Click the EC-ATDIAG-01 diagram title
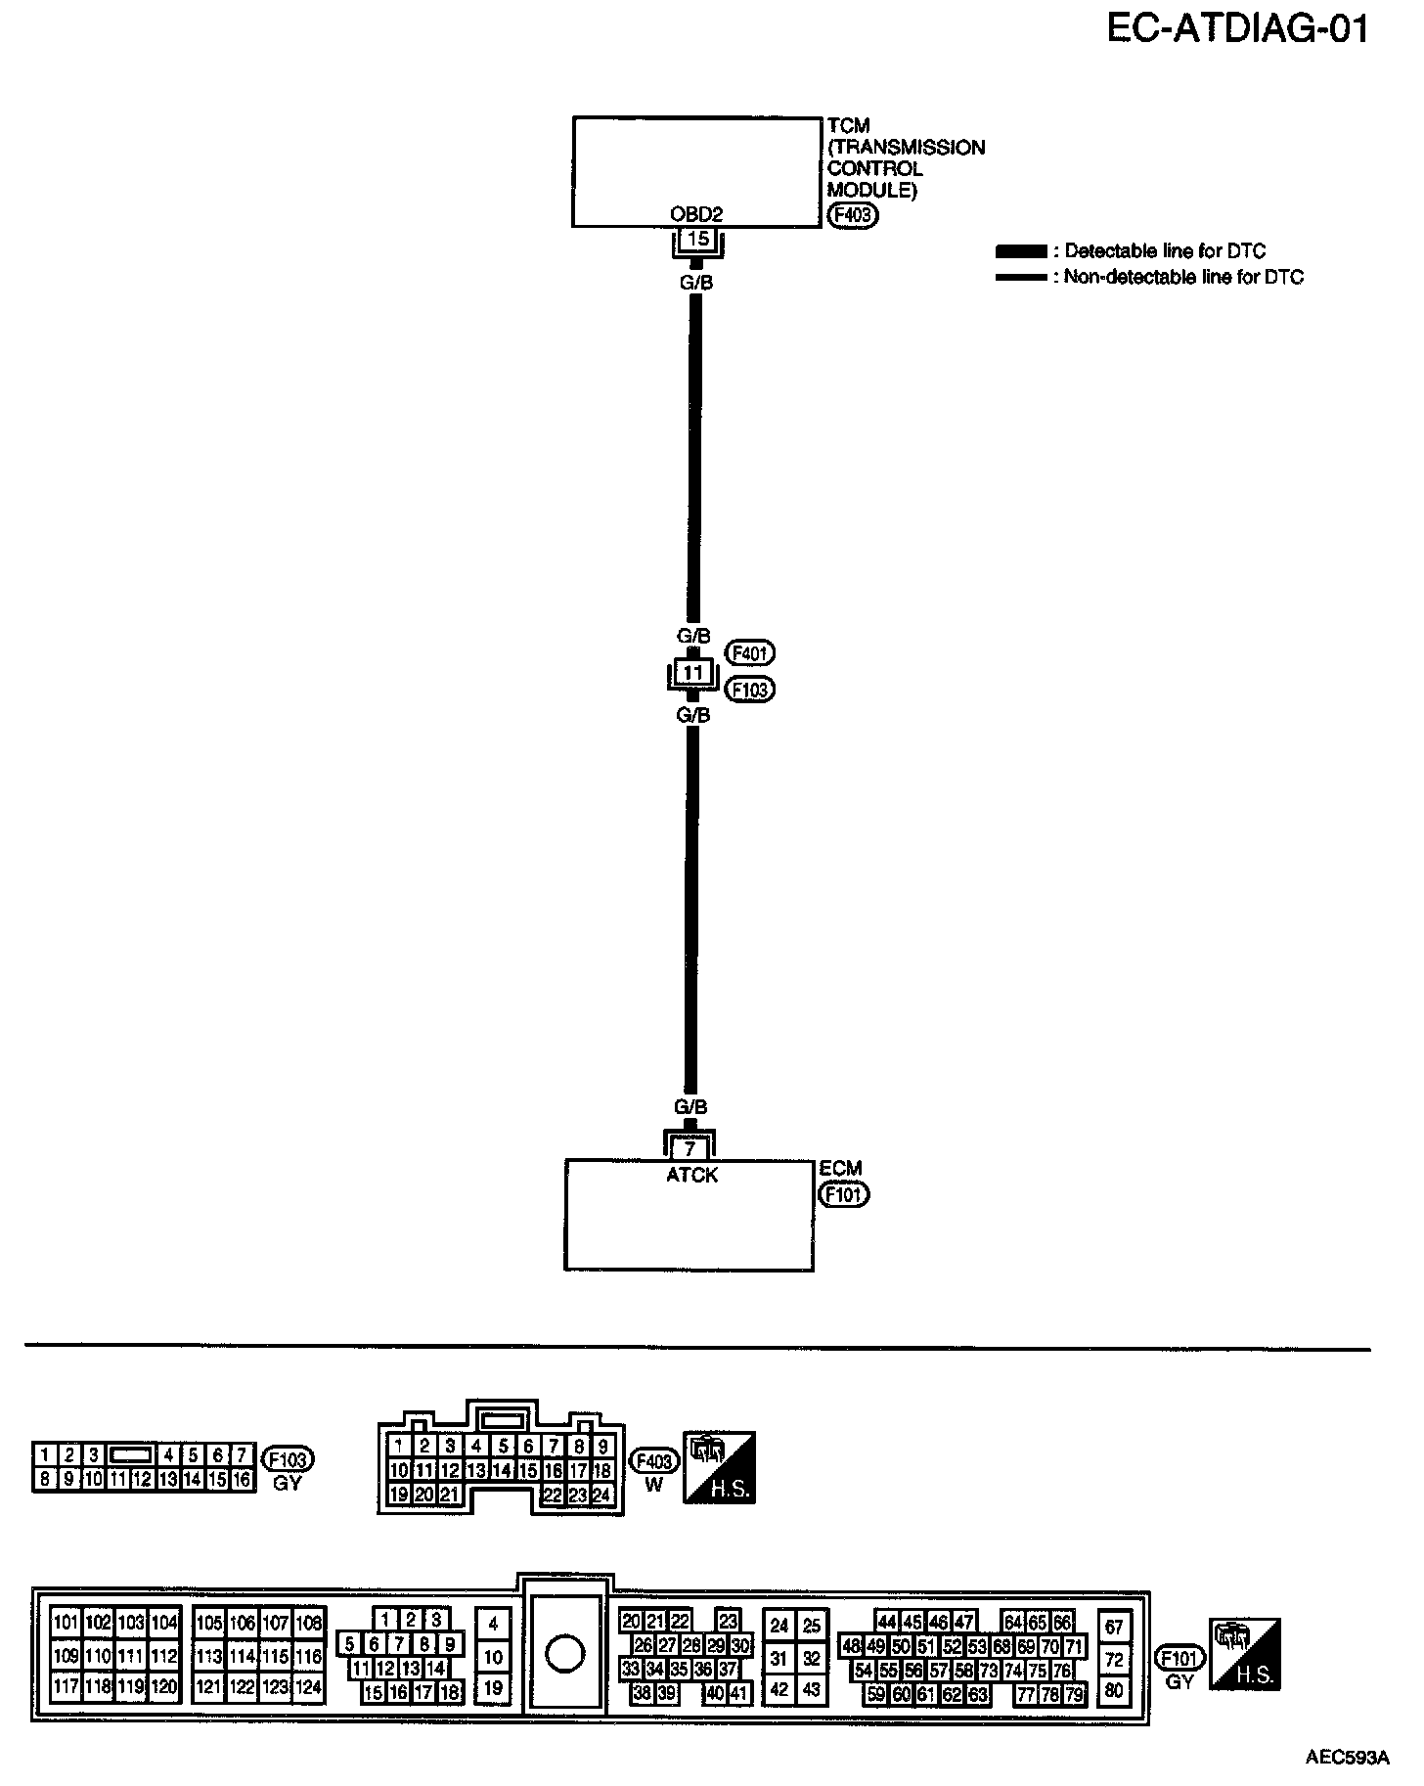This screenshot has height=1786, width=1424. pyautogui.click(x=1236, y=29)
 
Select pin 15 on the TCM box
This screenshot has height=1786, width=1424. pyautogui.click(x=697, y=239)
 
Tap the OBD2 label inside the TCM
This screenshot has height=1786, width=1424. pyautogui.click(x=696, y=214)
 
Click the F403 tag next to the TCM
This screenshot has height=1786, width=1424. pyautogui.click(x=852, y=216)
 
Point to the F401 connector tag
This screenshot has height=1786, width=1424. pyautogui.click(x=749, y=652)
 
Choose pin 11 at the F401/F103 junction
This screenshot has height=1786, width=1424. pyautogui.click(x=692, y=673)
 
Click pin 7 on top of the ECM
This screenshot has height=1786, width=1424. pyautogui.click(x=690, y=1149)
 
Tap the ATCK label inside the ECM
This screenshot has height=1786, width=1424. pyautogui.click(x=691, y=1175)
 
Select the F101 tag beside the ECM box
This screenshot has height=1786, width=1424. pyautogui.click(x=844, y=1194)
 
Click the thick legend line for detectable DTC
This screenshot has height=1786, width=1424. pyautogui.click(x=1020, y=251)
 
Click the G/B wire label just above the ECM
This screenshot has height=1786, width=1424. pyautogui.click(x=690, y=1107)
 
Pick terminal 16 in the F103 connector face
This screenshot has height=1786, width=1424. pyautogui.click(x=242, y=1480)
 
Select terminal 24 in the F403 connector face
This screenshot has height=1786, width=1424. pyautogui.click(x=602, y=1495)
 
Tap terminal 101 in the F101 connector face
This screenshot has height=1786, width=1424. pyautogui.click(x=66, y=1623)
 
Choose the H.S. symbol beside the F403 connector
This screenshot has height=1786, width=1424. pyautogui.click(x=719, y=1468)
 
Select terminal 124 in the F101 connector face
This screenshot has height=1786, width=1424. pyautogui.click(x=309, y=1687)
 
